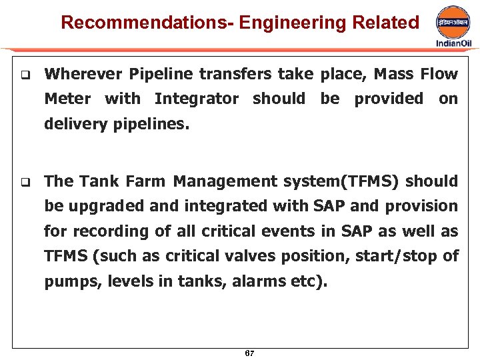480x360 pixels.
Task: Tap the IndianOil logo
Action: pyautogui.click(x=453, y=27)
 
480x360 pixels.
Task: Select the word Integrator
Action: pyautogui.click(x=196, y=99)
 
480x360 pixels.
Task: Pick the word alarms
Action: pyautogui.click(x=260, y=281)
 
